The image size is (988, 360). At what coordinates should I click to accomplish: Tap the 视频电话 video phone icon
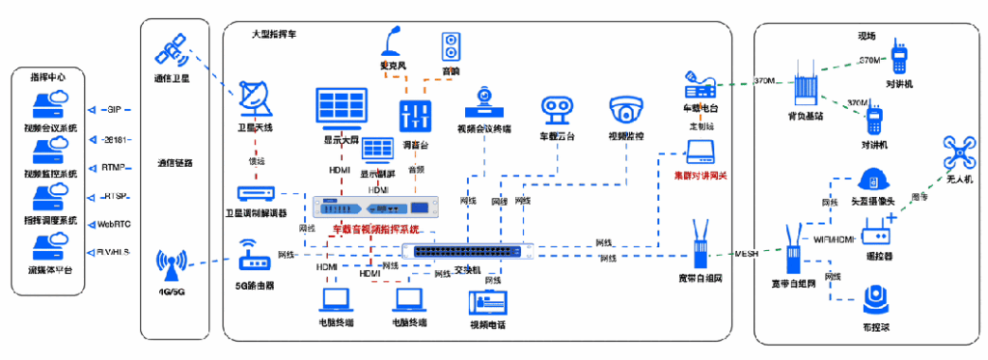click(x=491, y=302)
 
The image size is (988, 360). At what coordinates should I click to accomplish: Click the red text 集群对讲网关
click(x=700, y=178)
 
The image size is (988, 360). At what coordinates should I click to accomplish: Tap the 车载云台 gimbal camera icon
click(x=558, y=112)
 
